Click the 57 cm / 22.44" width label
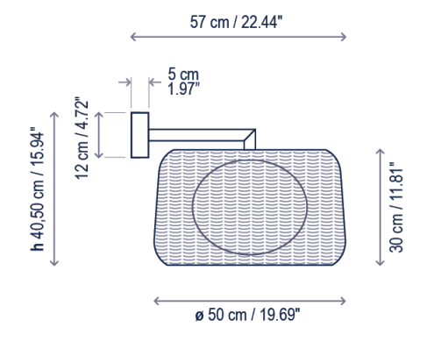click(236, 22)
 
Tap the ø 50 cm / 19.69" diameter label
click(247, 315)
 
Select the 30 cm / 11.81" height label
click(396, 207)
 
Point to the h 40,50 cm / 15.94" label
click(37, 189)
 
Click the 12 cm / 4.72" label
click(82, 138)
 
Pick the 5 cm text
click(183, 75)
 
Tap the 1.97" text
click(183, 89)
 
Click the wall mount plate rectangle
click(140, 135)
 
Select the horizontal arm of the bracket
click(196, 135)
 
